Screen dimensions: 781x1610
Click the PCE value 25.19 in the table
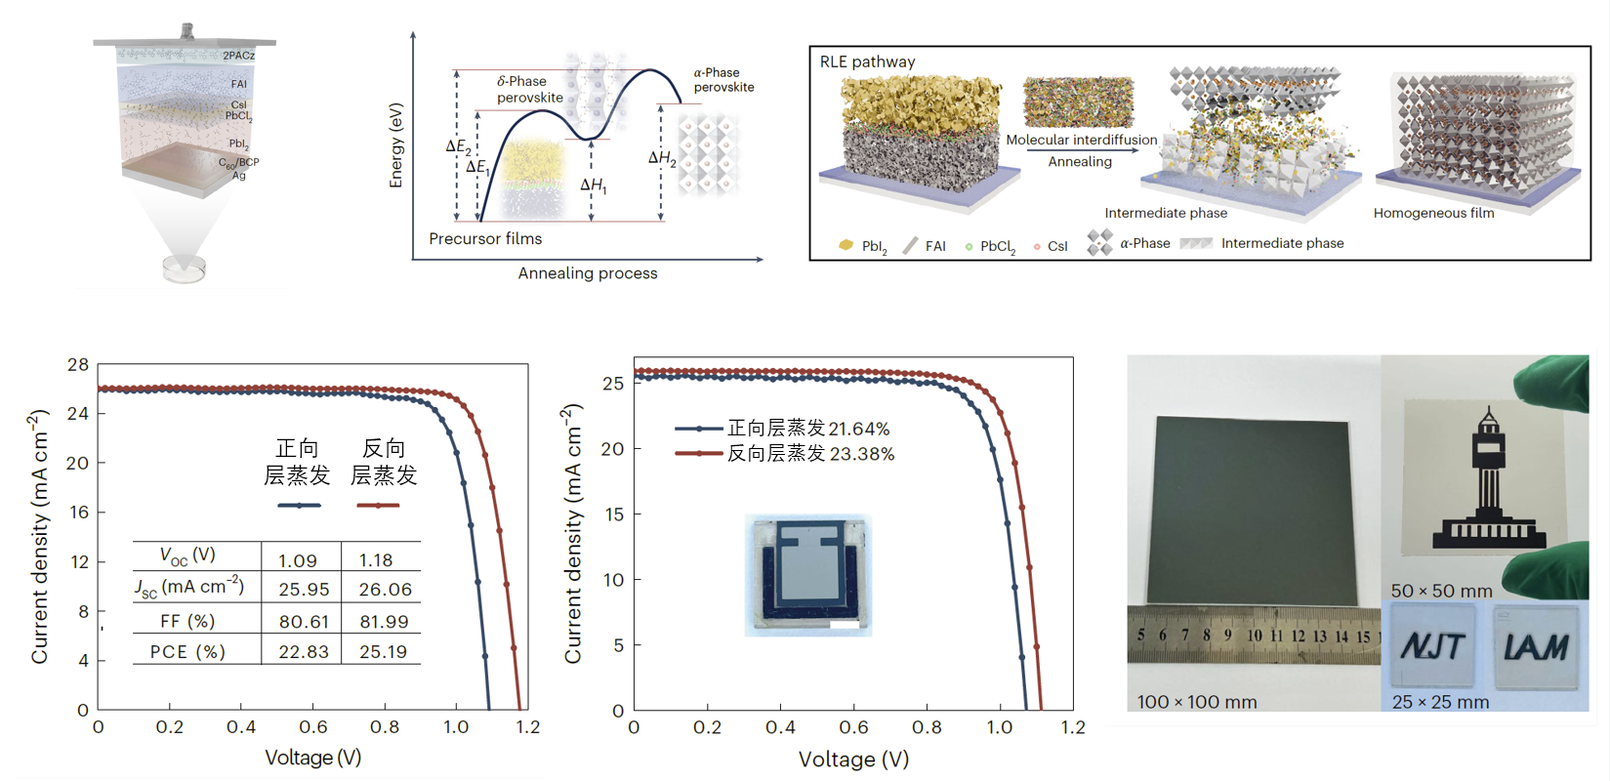click(383, 651)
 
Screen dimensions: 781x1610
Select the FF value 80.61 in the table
click(304, 622)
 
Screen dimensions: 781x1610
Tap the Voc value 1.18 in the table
click(376, 560)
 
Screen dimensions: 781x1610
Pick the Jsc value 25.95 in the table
click(304, 590)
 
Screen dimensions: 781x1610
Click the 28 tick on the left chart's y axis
click(78, 365)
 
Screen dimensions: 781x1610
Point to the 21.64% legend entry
click(808, 429)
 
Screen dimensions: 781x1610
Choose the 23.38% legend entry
click(810, 454)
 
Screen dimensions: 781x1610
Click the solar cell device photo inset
click(807, 575)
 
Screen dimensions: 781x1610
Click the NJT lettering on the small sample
click(1432, 646)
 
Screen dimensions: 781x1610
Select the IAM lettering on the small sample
click(1536, 646)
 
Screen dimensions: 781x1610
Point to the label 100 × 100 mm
click(1197, 702)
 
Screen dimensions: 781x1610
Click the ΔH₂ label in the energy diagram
click(662, 158)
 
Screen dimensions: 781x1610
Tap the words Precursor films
click(485, 239)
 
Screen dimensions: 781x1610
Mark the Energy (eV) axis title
click(395, 145)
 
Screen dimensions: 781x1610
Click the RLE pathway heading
click(867, 62)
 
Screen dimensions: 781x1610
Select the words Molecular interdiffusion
click(1081, 140)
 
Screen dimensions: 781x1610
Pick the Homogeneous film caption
click(1433, 213)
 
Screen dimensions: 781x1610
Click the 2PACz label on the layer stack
click(238, 56)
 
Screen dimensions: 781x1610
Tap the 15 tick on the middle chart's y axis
click(613, 514)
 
